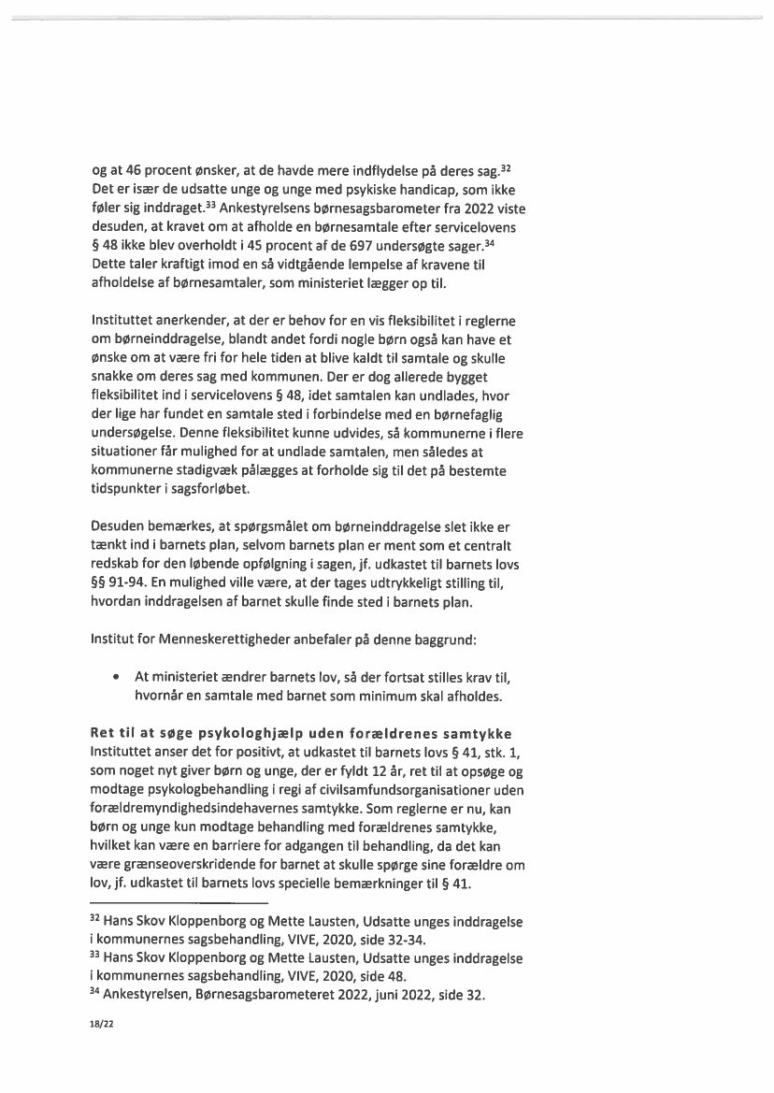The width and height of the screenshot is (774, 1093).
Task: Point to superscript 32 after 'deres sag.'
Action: click(506, 166)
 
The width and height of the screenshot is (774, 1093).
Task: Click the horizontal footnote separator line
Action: click(179, 902)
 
